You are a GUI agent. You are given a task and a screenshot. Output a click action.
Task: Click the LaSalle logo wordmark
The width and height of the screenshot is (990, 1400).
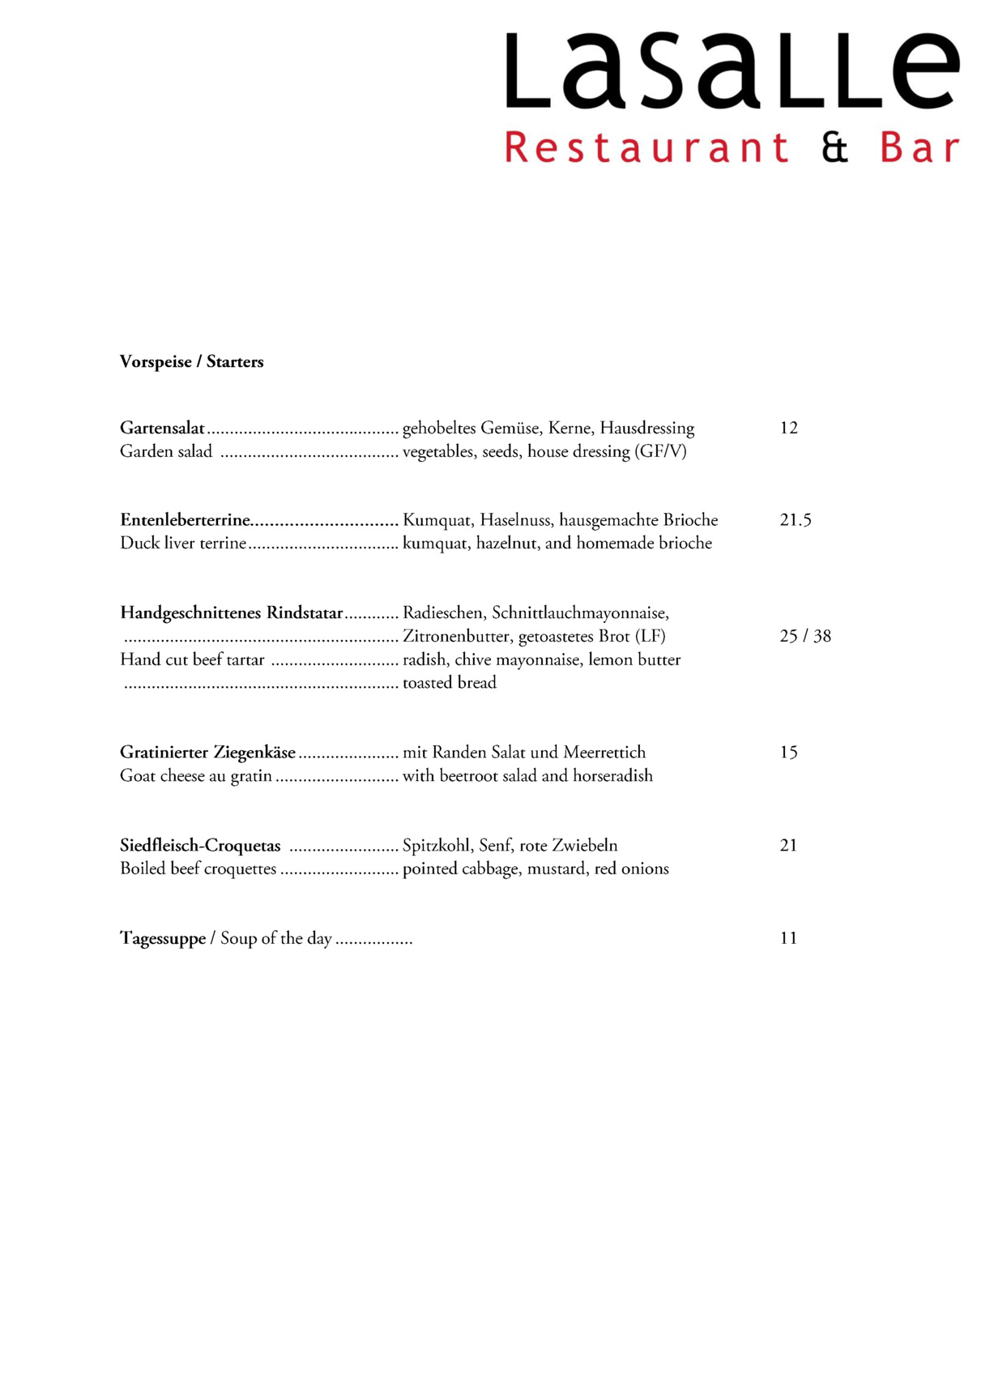732,71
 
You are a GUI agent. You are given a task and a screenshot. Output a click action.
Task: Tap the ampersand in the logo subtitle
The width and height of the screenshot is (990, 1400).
834,148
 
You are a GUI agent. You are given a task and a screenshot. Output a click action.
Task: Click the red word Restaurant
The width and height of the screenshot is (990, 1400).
646,148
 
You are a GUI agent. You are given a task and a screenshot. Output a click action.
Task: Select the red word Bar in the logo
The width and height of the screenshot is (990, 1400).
920,148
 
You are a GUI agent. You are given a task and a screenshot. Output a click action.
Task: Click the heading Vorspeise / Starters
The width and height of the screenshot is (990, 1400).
191,362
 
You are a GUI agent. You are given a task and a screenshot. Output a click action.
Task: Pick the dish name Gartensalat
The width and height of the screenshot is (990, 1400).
162,428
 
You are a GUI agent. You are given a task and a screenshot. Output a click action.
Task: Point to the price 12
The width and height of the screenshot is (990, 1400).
788,428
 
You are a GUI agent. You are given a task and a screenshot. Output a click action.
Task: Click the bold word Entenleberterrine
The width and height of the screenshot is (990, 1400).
185,520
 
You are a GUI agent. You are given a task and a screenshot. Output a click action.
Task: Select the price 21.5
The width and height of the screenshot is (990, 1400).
795,520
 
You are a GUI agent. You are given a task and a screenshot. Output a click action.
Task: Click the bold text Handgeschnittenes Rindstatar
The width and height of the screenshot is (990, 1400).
231,613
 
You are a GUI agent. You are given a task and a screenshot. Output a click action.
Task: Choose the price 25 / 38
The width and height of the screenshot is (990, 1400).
804,636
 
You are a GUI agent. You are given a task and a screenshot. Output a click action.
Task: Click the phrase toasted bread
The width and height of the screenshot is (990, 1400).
450,683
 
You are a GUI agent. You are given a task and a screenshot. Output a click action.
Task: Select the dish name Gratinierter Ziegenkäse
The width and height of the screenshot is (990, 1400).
207,753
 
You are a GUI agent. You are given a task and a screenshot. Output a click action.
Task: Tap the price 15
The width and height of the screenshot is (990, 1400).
788,753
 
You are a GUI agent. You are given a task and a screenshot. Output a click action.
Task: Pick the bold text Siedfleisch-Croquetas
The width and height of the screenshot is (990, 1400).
200,846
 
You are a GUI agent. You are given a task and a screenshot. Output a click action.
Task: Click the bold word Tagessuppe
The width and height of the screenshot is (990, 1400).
163,939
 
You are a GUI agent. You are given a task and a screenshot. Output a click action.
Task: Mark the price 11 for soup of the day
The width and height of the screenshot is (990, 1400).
788,938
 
